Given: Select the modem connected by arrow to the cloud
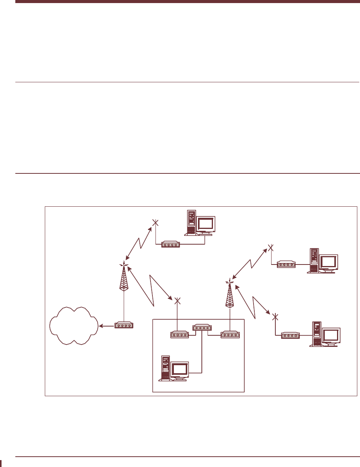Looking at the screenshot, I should pos(124,326).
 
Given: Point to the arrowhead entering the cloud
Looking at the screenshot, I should pos(101,326).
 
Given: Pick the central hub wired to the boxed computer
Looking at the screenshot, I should pos(201,328).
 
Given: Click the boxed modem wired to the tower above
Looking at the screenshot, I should pos(230,335).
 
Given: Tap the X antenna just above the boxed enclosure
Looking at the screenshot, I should pos(177,301).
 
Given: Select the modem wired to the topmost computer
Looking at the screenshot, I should pos(170,244).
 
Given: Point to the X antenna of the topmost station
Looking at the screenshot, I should pos(155,222).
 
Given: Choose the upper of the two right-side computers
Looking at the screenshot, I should pos(322,261).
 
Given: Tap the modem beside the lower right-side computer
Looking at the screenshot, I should pos(290,336).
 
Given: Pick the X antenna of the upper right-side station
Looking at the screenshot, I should pos(270,247).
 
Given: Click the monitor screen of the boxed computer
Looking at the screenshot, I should pos(180,369).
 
